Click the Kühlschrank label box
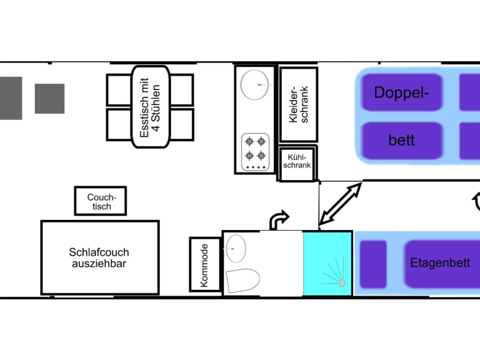point(297,163)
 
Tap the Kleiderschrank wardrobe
point(299,104)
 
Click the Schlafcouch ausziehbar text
point(99,257)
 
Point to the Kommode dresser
point(204,264)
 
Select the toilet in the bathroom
point(242,281)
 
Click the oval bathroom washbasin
point(236,248)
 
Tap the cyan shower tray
point(328,263)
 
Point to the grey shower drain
point(342,283)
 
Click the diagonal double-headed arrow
point(341,204)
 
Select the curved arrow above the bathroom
point(279,219)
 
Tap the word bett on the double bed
point(401,139)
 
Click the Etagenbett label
point(440,263)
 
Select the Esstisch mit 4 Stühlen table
point(150,107)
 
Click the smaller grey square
point(49,99)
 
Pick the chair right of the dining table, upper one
point(182,90)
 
